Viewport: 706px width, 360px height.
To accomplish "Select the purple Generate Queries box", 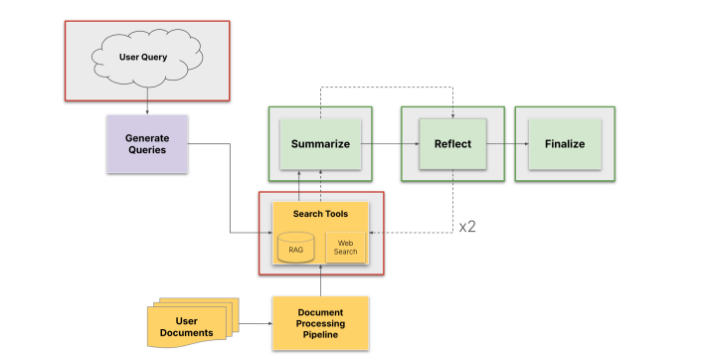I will tap(147, 143).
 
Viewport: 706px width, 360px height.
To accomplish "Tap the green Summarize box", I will tap(320, 144).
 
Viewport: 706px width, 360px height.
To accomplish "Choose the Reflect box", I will tap(452, 144).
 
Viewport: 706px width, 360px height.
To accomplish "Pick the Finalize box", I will tap(564, 144).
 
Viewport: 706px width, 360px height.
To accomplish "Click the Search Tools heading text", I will tap(320, 214).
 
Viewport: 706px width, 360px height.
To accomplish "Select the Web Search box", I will tap(345, 246).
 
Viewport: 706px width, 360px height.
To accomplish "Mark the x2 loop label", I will tap(467, 227).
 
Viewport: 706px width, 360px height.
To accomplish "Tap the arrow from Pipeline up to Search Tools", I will tap(320, 282).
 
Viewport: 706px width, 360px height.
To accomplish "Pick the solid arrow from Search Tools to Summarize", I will tap(299, 185).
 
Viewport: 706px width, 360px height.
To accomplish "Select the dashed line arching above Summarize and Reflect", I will tap(388, 88).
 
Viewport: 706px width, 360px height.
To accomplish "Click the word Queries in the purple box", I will tap(147, 150).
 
